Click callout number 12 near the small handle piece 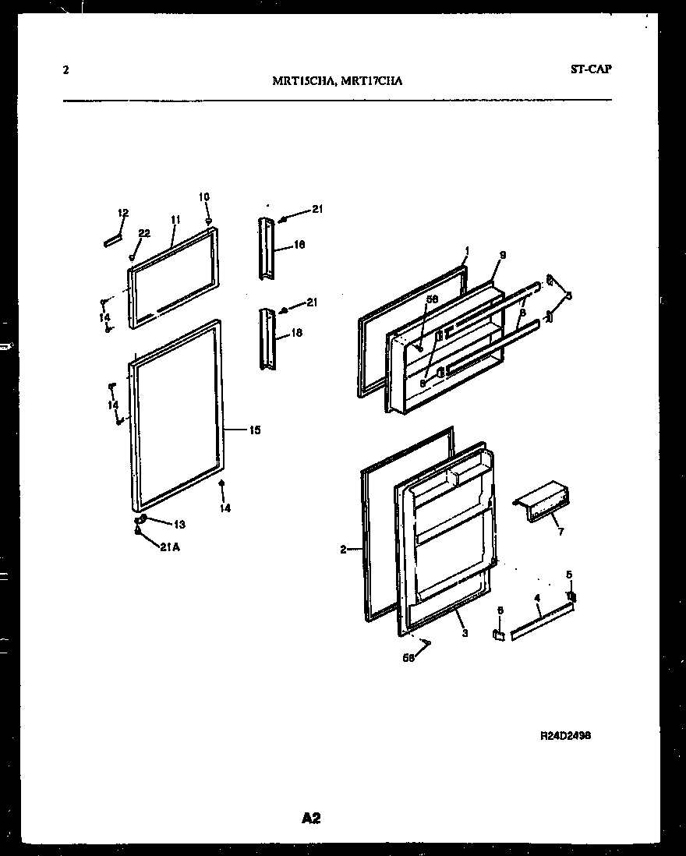pos(122,213)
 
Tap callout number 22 pos(143,233)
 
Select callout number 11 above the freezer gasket pos(175,221)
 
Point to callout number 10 pos(204,197)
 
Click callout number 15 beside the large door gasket pos(255,430)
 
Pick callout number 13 pos(179,524)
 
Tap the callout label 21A pos(170,547)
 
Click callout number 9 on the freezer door pos(503,255)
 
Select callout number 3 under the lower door pos(465,633)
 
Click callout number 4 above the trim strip pos(536,599)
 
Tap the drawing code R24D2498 pos(571,735)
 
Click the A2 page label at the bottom pos(310,818)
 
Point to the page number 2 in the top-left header pos(65,69)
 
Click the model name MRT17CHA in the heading pos(372,80)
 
